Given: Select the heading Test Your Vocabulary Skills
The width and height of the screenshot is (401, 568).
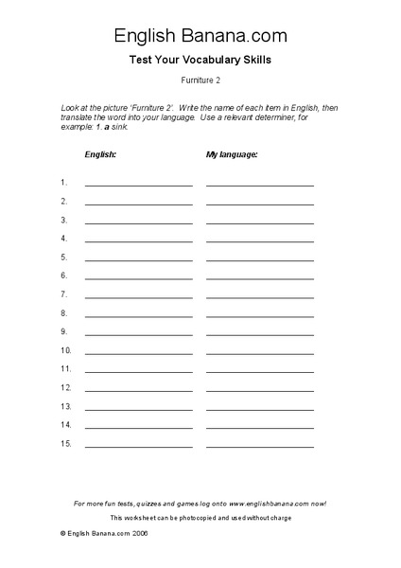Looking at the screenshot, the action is coord(200,61).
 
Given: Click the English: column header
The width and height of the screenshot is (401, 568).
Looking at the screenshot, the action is coord(101,152).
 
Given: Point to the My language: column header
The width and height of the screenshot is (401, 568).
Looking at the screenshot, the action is coord(232,152).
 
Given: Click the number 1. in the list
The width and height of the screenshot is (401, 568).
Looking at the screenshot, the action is coord(64,182).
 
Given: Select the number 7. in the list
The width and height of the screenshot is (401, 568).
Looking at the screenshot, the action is coord(64,294).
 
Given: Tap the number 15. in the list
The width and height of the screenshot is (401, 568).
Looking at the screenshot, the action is coord(66,443).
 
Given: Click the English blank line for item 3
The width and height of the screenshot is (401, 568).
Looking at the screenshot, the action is coord(139,222).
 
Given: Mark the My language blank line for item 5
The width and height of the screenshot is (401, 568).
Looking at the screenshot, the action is coord(260,260).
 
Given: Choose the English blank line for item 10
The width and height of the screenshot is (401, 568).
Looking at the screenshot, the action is coord(139,353).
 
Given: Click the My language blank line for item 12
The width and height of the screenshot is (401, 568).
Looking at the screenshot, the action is coord(260,390).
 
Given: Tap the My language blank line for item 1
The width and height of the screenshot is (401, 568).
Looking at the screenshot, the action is coord(260,186).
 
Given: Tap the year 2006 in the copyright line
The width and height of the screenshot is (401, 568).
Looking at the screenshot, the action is coord(140,534).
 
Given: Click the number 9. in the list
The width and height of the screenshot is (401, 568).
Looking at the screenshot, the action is coord(64,331).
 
